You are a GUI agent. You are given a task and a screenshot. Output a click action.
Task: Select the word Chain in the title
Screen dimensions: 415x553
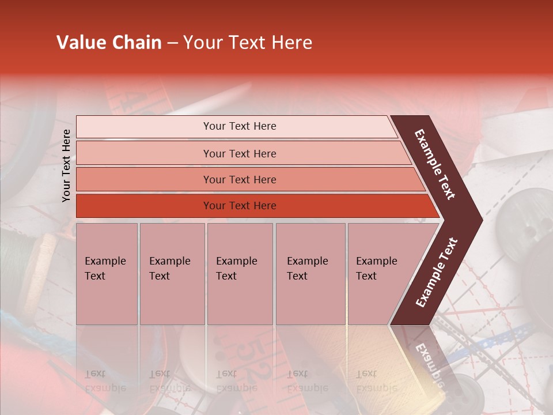point(137,43)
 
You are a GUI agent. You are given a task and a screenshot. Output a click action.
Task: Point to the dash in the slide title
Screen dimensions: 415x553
point(172,43)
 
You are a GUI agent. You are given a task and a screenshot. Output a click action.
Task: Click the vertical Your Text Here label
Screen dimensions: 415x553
point(66,165)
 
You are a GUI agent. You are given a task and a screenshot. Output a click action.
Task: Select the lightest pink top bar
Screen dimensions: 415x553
point(236,127)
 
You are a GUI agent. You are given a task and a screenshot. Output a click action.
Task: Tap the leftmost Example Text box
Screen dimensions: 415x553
point(107,274)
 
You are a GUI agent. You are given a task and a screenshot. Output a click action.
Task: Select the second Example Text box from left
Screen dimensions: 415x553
point(172,274)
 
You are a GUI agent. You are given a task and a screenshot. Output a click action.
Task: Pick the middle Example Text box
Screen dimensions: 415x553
point(240,274)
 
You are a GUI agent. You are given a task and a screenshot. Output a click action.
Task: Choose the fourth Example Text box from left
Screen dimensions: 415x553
point(310,274)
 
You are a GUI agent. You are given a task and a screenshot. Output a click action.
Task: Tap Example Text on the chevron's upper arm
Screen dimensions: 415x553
point(435,164)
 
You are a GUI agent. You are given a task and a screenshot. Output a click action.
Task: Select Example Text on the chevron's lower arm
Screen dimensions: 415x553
point(437,273)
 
